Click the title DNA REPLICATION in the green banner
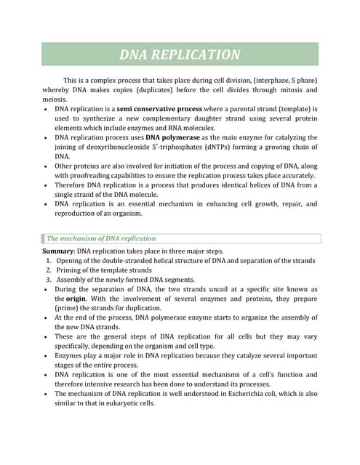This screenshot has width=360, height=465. tap(180, 54)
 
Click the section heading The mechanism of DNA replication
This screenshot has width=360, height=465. tap(101, 238)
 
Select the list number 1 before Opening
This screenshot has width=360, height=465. tap(48, 260)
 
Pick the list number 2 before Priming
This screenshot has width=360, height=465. tap(48, 270)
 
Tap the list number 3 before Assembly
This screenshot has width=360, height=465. tap(48, 279)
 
